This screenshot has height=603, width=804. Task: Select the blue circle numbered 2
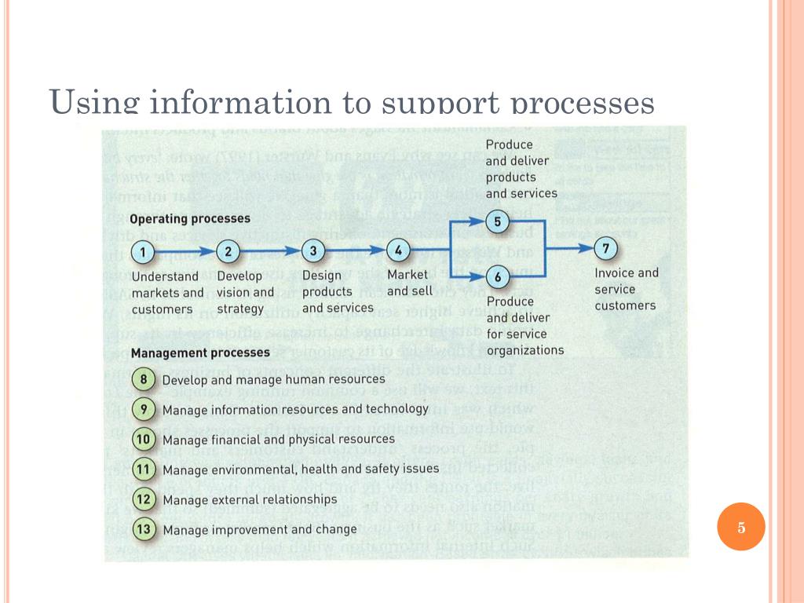pos(228,252)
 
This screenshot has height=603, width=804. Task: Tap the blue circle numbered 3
pos(313,251)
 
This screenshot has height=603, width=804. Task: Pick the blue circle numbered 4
pos(399,251)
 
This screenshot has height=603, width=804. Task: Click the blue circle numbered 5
pos(497,222)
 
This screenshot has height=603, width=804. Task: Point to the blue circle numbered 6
pos(497,276)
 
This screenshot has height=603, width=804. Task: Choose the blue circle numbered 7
pos(605,249)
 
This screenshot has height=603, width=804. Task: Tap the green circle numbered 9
pos(144,410)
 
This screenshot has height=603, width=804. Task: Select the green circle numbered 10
pos(144,440)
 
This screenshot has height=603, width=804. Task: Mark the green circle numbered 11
pos(144,470)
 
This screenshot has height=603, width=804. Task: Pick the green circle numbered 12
pos(144,499)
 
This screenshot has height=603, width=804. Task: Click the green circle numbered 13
pos(144,529)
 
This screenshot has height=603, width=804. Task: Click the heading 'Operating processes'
pos(190,219)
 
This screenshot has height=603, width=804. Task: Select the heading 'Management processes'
pos(200,353)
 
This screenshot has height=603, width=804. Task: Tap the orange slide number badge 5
pos(741,527)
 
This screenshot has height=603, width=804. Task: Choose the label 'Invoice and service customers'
pos(626,289)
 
